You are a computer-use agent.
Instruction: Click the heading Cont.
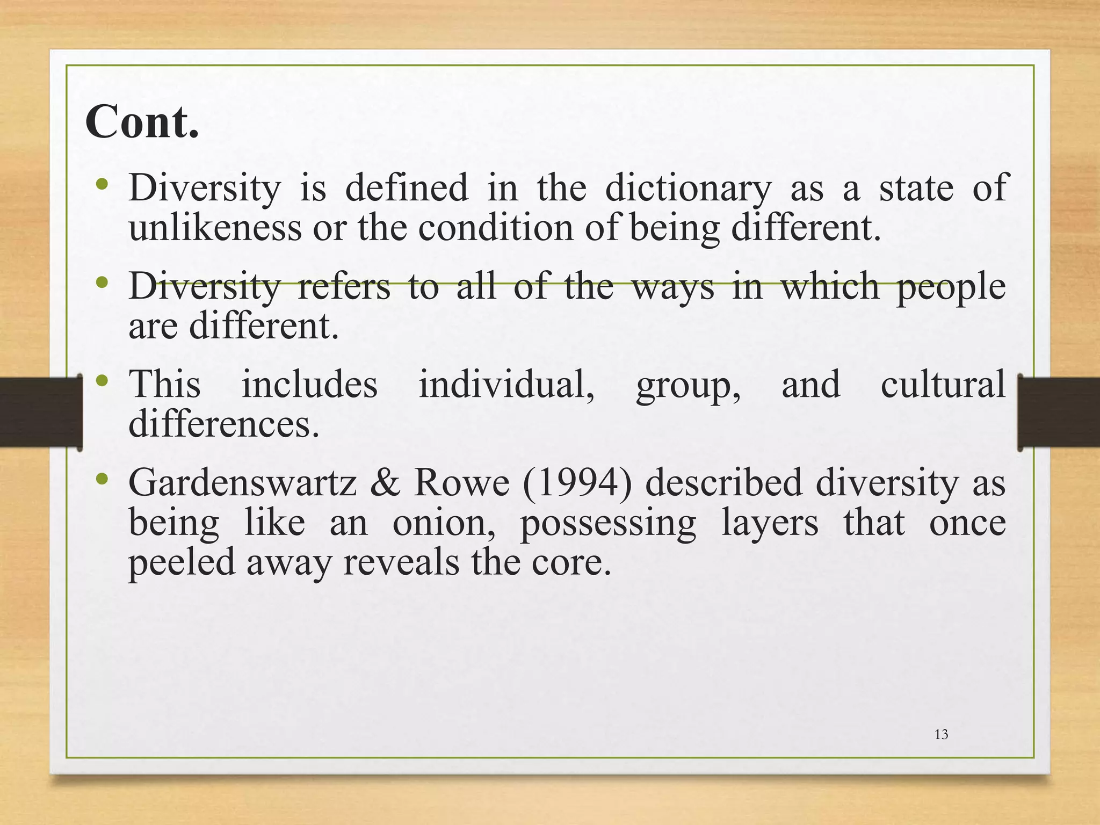coord(142,122)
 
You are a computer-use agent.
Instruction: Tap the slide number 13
coord(941,735)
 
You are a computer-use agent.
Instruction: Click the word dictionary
coord(687,189)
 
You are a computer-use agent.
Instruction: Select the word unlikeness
coord(215,228)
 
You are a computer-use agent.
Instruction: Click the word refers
coord(344,287)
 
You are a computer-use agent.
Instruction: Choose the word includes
coord(309,385)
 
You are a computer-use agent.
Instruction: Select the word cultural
coord(943,385)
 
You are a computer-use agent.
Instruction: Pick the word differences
coord(223,424)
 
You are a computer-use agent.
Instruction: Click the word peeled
coord(182,564)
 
